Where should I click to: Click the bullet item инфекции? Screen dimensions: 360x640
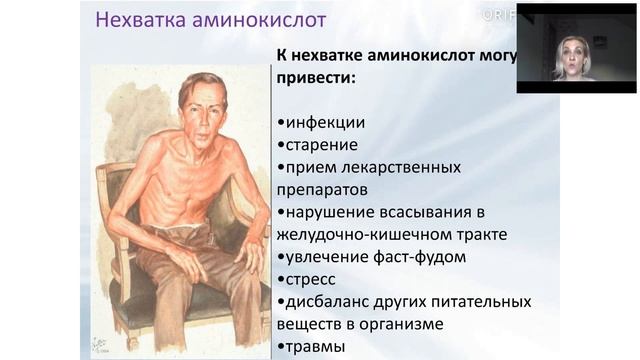(325, 122)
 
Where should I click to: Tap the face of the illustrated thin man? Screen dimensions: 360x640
(202, 109)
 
